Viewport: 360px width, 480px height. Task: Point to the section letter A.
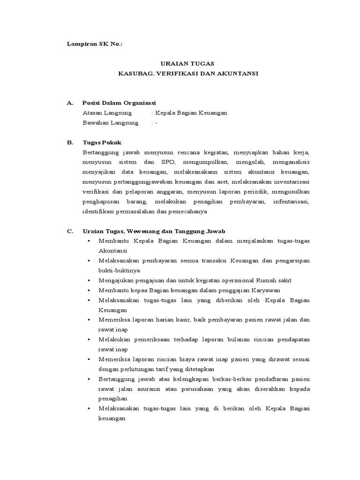[x=70, y=103]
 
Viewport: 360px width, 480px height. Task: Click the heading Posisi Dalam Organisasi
[x=119, y=103]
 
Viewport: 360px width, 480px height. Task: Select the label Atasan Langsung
[x=107, y=113]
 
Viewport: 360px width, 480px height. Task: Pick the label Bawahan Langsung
[x=110, y=123]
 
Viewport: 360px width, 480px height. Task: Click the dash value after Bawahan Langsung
[x=156, y=123]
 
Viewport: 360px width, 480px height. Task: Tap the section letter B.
[x=70, y=142]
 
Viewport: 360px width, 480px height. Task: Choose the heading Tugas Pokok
[x=102, y=142]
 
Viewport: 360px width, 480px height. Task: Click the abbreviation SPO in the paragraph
[x=166, y=162]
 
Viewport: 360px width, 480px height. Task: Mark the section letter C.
[x=70, y=231]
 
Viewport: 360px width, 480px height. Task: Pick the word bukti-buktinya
[x=119, y=270]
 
